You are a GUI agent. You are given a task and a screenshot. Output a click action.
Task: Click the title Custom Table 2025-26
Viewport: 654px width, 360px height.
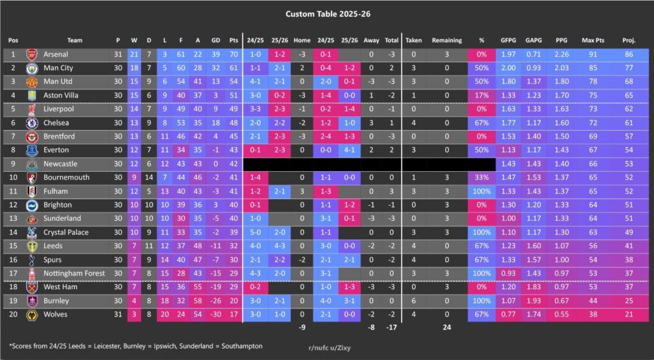coord(326,13)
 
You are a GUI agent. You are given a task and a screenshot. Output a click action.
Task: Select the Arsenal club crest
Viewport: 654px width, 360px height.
coord(31,55)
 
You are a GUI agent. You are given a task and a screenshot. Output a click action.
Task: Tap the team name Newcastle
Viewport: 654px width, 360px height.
coord(60,164)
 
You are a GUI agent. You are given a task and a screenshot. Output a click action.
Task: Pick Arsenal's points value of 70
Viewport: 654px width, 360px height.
coord(233,55)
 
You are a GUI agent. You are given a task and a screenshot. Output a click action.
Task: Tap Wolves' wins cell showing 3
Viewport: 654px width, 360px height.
coord(133,314)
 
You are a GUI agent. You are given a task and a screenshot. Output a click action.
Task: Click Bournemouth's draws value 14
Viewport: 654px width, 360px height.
coord(149,177)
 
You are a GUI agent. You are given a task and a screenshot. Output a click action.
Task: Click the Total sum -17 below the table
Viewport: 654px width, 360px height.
coord(391,328)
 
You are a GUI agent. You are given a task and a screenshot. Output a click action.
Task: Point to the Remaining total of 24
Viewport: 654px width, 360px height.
coord(446,328)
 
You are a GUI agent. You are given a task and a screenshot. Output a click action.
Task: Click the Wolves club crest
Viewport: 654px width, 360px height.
coord(31,314)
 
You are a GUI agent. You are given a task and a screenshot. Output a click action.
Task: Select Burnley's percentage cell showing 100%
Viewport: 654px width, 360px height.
coord(481,301)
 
